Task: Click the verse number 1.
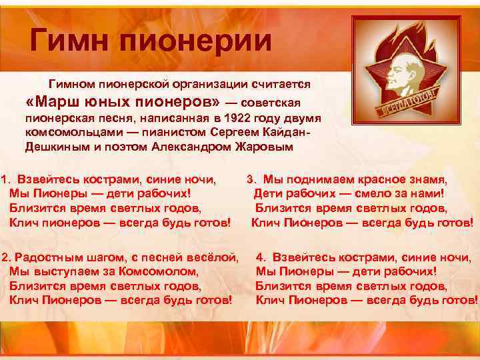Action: tap(5, 180)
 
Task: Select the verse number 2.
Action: tap(5, 257)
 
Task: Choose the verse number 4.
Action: tap(260, 257)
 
